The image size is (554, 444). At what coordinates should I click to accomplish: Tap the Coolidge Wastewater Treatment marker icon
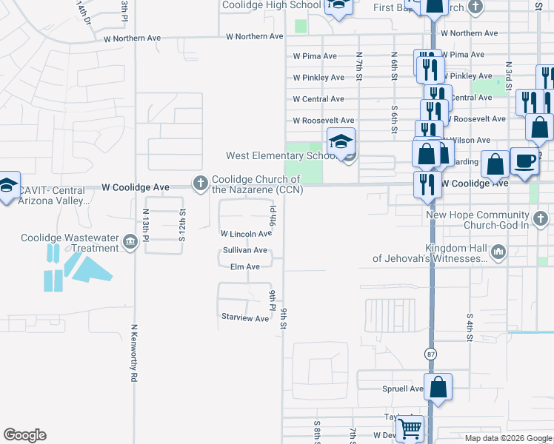point(130,243)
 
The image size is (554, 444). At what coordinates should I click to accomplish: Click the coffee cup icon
point(524,162)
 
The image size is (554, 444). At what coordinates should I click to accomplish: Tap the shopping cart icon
point(409,428)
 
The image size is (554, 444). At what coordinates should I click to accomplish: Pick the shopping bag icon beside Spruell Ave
point(438,387)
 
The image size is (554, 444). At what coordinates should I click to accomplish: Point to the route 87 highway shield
point(431,354)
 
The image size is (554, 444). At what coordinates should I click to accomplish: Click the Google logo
point(24,435)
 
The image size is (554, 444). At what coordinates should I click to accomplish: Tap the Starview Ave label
point(245,317)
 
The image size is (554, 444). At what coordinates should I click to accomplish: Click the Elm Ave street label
point(244,266)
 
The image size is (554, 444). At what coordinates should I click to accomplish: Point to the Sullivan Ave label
point(244,251)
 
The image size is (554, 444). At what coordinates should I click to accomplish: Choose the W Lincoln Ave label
point(246,233)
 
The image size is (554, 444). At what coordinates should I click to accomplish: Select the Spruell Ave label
point(403,388)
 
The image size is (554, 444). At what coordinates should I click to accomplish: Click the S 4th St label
point(470,326)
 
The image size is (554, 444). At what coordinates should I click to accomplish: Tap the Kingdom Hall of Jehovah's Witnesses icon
point(498,253)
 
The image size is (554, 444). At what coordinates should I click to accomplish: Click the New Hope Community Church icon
point(541,218)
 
